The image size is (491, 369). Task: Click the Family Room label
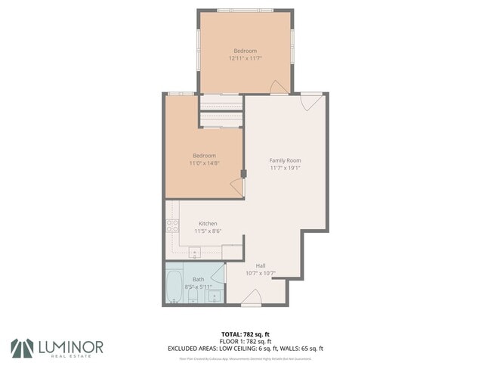pyautogui.click(x=286, y=160)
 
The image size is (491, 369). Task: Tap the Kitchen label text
pyautogui.click(x=208, y=224)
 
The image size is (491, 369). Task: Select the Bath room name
pyautogui.click(x=198, y=280)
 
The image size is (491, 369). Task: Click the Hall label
pyautogui.click(x=260, y=265)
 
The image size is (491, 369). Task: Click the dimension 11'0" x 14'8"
pyautogui.click(x=203, y=163)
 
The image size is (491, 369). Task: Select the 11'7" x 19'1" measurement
pyautogui.click(x=286, y=168)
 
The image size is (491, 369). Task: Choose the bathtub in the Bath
pyautogui.click(x=173, y=286)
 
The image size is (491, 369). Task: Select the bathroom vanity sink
pyautogui.click(x=215, y=295)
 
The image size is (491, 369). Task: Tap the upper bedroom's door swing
pyautogui.click(x=279, y=87)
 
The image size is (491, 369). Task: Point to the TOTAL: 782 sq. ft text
pyautogui.click(x=244, y=333)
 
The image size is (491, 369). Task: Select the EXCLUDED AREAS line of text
pyautogui.click(x=245, y=349)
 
